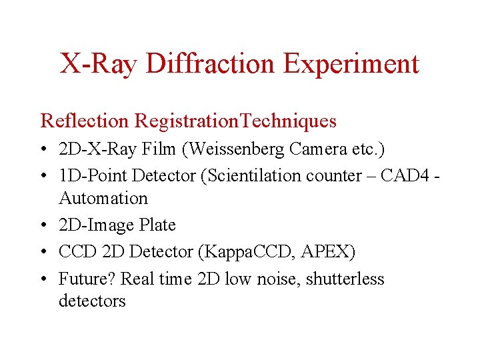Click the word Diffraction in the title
[213, 64]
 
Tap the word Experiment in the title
[351, 64]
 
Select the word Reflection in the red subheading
[84, 121]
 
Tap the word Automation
[103, 198]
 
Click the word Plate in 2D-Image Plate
[158, 225]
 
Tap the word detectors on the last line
[92, 301]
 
